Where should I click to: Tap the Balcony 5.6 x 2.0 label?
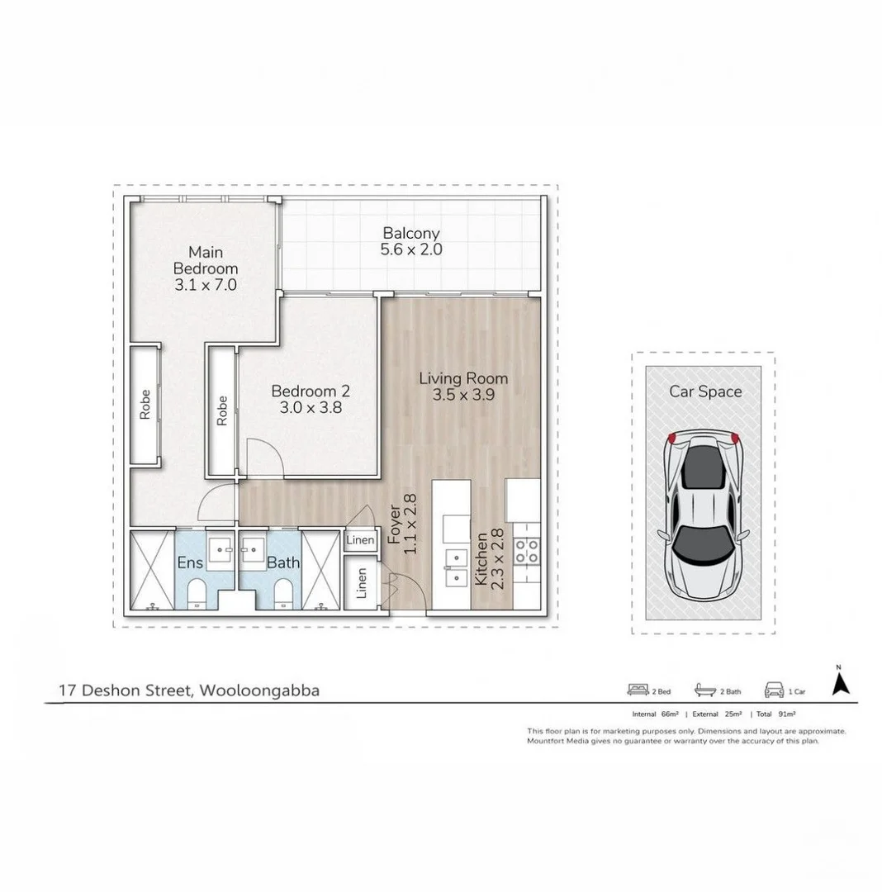click(410, 241)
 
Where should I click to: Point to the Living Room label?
click(462, 387)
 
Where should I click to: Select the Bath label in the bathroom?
click(282, 563)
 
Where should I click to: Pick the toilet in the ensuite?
click(197, 593)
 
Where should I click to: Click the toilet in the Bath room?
click(282, 593)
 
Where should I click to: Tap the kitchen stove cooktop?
click(526, 551)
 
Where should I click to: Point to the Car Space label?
click(704, 391)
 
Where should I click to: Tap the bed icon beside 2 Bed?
click(638, 689)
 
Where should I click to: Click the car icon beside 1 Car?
click(774, 689)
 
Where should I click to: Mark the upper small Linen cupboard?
click(360, 540)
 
